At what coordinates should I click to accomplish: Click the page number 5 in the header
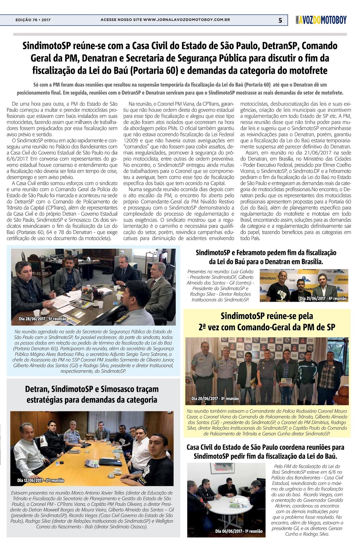tap(280, 20)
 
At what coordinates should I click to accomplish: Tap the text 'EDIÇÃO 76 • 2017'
tap(33, 20)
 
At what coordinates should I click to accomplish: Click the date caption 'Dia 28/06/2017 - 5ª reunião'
tap(42, 319)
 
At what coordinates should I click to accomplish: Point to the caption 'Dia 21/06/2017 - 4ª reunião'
tap(323, 298)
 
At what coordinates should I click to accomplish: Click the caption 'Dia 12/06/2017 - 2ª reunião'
tap(41, 480)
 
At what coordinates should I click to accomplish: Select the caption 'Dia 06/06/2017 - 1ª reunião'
tap(239, 531)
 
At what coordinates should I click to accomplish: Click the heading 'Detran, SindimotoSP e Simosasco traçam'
tap(92, 389)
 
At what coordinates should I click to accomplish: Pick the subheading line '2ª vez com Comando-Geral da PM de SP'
tap(267, 327)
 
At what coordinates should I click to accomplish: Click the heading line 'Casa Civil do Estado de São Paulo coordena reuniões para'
tap(265, 447)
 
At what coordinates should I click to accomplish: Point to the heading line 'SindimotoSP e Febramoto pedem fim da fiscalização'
tap(266, 253)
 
